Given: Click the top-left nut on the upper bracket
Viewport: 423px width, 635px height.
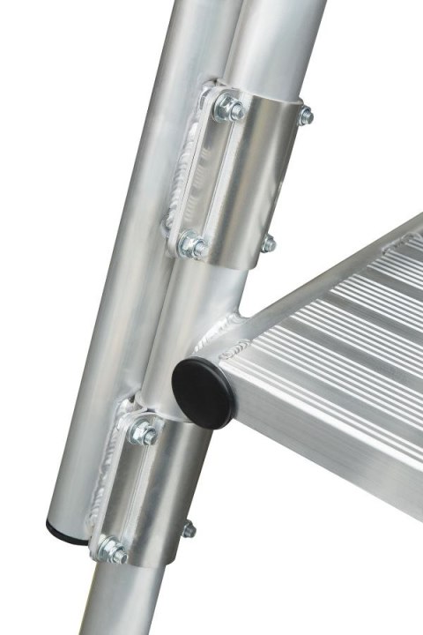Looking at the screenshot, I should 230,109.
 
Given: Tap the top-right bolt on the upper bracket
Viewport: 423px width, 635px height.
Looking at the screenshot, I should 306,116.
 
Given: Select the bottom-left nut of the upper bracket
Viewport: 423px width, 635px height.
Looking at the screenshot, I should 192,246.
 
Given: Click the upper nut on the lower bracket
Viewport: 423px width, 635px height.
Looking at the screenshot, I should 144,433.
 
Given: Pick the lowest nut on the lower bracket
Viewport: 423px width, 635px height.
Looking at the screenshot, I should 112,551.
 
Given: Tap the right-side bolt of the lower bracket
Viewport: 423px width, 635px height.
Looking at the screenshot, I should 188,529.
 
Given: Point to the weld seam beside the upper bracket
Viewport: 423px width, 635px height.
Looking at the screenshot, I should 188,168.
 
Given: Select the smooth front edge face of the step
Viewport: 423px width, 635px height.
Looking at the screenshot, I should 335,423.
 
